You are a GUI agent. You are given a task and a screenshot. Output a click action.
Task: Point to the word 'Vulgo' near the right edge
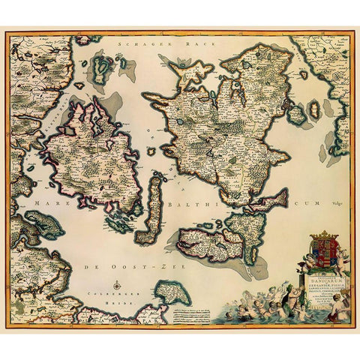coord(336,199)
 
